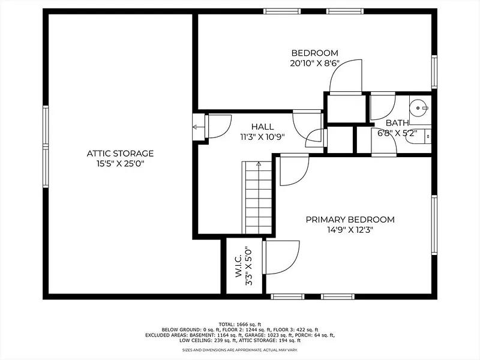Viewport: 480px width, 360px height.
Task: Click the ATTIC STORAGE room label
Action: (x=120, y=154)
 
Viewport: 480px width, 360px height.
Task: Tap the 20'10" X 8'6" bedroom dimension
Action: (x=314, y=64)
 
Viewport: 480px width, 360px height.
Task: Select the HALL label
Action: (x=262, y=127)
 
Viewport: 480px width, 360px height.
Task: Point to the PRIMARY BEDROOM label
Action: (x=350, y=220)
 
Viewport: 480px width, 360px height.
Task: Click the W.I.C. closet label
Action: (x=238, y=266)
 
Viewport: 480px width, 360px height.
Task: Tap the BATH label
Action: (x=397, y=123)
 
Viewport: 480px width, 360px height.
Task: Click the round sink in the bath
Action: (x=418, y=108)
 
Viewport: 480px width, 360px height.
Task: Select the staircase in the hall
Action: (x=258, y=198)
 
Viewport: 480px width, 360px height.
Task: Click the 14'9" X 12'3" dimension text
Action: (x=350, y=230)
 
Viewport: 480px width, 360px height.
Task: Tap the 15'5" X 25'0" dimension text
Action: (x=120, y=164)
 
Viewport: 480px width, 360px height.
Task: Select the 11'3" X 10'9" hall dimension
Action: (x=262, y=137)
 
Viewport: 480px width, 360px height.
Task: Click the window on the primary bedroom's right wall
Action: (x=434, y=225)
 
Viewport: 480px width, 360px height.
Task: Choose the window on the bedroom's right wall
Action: (x=434, y=72)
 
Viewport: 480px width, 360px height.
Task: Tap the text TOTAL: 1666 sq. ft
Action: (x=239, y=324)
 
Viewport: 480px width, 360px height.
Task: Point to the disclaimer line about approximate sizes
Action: (x=239, y=350)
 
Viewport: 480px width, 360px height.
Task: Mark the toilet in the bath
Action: (x=418, y=137)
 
